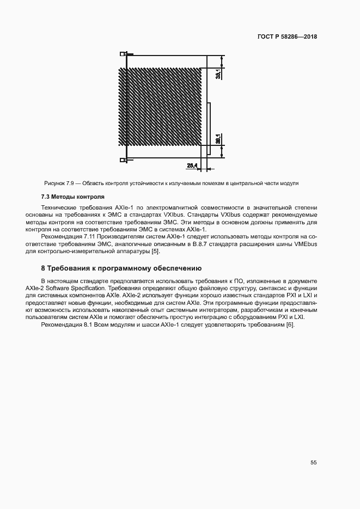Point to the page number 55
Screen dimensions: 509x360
click(313, 462)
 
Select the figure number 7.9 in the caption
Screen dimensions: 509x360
click(70, 183)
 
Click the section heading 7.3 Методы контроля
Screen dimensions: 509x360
click(72, 196)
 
